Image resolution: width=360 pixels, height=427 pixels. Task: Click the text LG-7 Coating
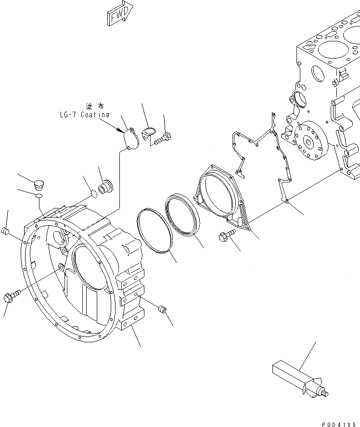click(82, 115)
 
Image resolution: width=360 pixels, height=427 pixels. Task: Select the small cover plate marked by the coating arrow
click(130, 138)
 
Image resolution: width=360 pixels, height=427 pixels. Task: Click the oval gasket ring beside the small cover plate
click(149, 132)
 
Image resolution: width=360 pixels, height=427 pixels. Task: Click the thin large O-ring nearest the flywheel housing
click(154, 231)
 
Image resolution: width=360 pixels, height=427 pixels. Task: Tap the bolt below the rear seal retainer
click(226, 234)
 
